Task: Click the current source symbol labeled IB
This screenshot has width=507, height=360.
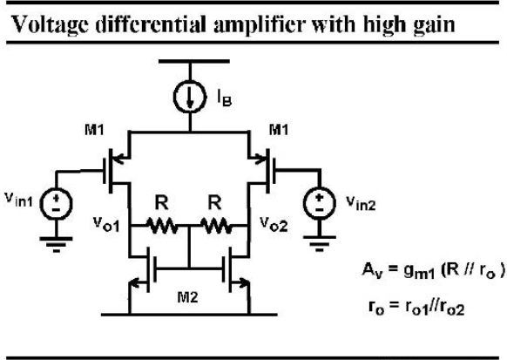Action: click(190, 97)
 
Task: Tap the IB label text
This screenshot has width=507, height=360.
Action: click(225, 98)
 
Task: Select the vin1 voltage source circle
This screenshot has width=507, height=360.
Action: click(57, 204)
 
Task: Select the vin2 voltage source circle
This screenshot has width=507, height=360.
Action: click(320, 203)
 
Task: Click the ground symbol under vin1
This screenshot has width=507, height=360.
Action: click(57, 244)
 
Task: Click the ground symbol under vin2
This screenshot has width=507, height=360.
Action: click(320, 243)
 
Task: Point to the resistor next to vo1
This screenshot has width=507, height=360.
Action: click(162, 226)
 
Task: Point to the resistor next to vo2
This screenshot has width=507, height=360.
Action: click(216, 226)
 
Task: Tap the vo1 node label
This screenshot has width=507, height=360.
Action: click(106, 224)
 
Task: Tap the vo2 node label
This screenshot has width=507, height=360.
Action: click(274, 224)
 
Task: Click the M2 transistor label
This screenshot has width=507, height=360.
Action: click(187, 297)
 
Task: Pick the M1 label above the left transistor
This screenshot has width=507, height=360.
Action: click(94, 130)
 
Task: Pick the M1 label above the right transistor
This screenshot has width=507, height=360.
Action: click(279, 130)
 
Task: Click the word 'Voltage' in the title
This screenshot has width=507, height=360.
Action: click(51, 25)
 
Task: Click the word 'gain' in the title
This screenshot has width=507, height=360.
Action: click(434, 25)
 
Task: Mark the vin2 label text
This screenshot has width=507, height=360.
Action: click(361, 202)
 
